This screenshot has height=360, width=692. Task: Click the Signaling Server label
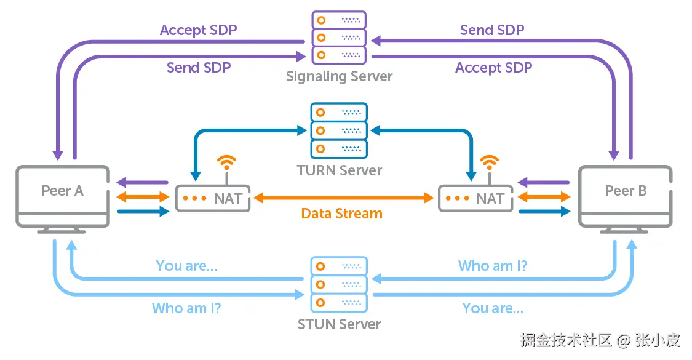click(x=339, y=77)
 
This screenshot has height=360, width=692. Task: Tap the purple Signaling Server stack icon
click(x=339, y=37)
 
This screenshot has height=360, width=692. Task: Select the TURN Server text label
click(x=340, y=170)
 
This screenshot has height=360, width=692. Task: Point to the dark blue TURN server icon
click(x=340, y=130)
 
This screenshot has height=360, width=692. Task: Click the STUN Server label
click(x=340, y=324)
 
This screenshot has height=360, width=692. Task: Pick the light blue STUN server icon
click(x=340, y=284)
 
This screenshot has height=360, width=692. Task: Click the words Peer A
click(x=62, y=191)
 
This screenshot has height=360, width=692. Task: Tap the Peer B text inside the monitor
click(x=626, y=191)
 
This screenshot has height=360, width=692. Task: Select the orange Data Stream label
click(x=342, y=214)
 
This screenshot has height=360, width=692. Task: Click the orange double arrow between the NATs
click(x=344, y=198)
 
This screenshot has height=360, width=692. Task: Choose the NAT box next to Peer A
click(x=213, y=198)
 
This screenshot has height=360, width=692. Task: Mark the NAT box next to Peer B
click(x=475, y=198)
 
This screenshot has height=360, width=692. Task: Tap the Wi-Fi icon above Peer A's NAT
click(x=227, y=164)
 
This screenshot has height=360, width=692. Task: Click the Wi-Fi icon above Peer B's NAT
click(x=490, y=164)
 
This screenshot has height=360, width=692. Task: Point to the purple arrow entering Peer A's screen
click(x=142, y=183)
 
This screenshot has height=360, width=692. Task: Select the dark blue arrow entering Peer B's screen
click(x=544, y=212)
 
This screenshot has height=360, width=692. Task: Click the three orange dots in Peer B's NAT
click(x=457, y=198)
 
